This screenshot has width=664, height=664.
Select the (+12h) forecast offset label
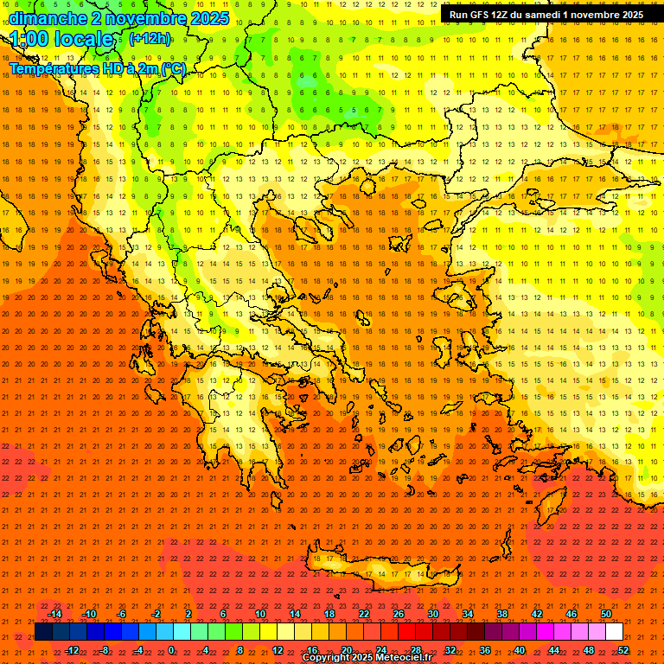pyautogui.click(x=150, y=39)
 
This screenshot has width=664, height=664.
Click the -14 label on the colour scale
pyautogui.click(x=54, y=614)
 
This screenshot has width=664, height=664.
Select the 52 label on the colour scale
pyautogui.click(x=622, y=649)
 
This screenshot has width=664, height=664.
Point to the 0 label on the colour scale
pyautogui.click(x=171, y=649)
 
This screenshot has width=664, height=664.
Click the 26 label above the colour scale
pyautogui.click(x=399, y=614)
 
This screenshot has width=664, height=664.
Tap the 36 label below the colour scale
pyautogui.click(x=484, y=649)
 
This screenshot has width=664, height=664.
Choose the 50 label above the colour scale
pyautogui.click(x=605, y=614)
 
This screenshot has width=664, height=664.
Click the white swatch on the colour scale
pyautogui.click(x=614, y=632)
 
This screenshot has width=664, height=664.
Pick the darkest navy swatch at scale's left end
pyautogui.click(x=43, y=632)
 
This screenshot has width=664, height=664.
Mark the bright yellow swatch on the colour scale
pyautogui.click(x=285, y=632)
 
